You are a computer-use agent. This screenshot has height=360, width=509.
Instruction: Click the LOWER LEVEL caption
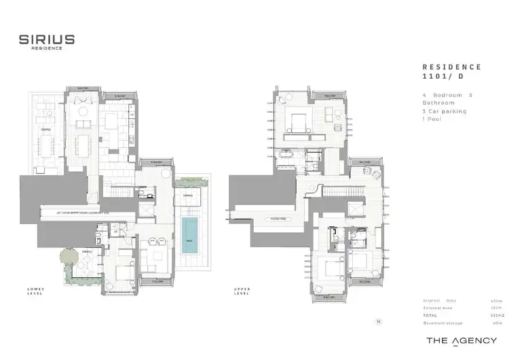point(35,292)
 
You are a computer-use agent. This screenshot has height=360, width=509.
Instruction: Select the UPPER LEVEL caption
point(242,292)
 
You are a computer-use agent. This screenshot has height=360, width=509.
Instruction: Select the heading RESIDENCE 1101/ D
point(451,72)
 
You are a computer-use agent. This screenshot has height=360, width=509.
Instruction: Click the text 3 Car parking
point(443,111)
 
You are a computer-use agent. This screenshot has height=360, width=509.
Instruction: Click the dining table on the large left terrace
point(46,144)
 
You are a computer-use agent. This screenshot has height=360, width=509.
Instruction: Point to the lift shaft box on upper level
point(354,209)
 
